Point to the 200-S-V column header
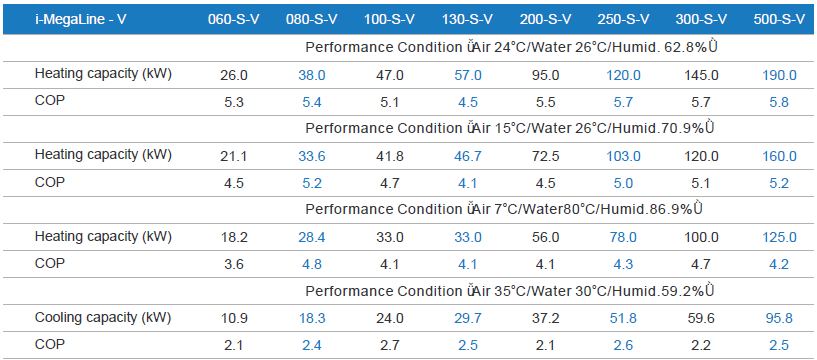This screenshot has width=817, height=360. click(545, 18)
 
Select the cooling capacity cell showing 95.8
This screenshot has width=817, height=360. click(780, 317)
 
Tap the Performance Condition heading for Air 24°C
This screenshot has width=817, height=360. click(510, 46)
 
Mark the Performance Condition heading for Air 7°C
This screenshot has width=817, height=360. click(510, 209)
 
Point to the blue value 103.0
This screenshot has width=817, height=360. click(623, 156)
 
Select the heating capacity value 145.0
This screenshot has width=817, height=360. click(701, 75)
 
